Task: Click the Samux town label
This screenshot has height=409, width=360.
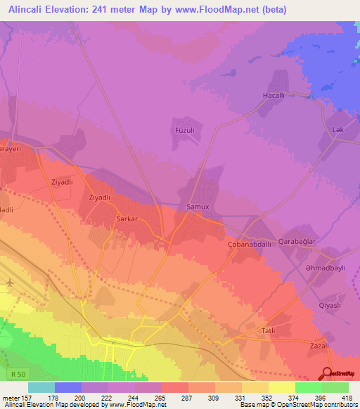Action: pos(198,207)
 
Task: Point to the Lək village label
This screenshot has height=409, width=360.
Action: pos(337,130)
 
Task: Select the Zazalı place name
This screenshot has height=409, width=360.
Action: pos(320,346)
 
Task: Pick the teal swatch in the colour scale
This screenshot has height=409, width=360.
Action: pos(41,387)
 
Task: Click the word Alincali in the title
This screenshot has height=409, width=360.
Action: pos(27,9)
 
